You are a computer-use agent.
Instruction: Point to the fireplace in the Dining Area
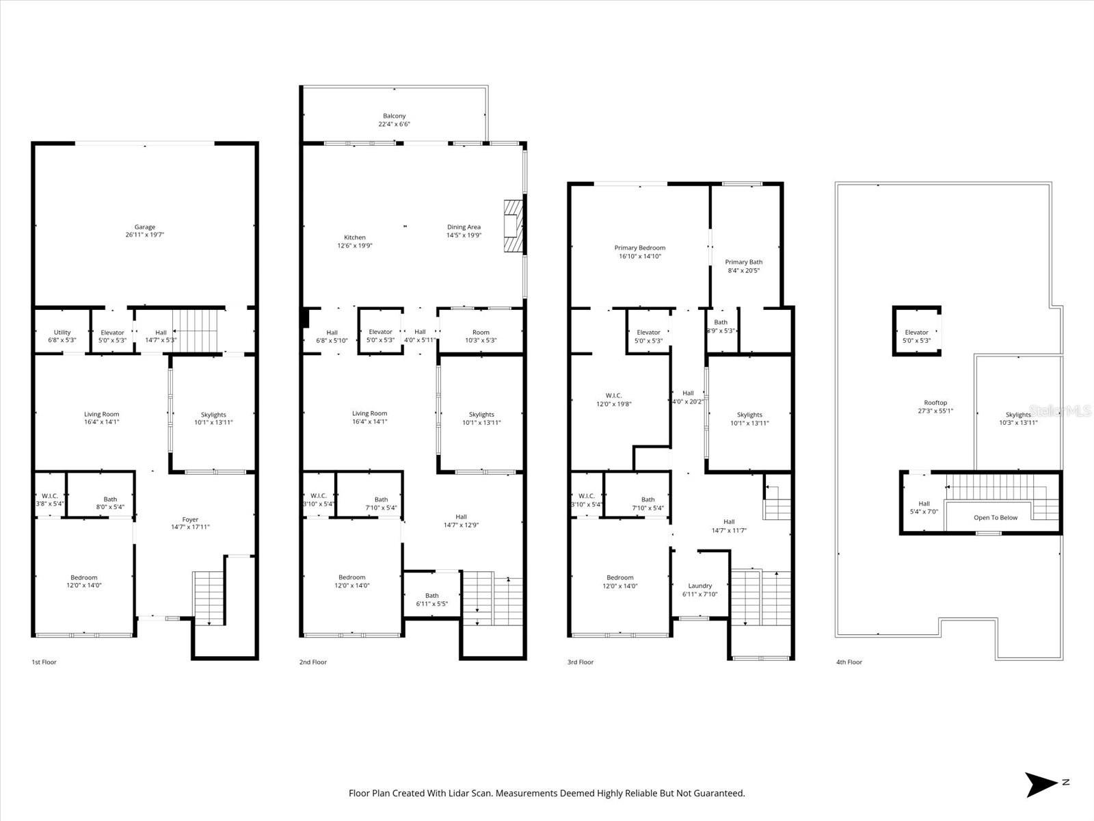click(513, 226)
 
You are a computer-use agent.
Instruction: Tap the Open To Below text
click(996, 517)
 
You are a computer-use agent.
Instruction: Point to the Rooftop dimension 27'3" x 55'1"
click(935, 411)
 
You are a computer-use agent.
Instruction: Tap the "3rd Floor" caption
click(580, 662)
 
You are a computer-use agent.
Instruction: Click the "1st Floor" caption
click(44, 662)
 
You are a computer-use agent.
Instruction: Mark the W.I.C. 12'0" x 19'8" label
click(613, 400)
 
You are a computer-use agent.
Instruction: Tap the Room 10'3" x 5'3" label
click(481, 336)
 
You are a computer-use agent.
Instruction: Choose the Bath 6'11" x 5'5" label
click(431, 599)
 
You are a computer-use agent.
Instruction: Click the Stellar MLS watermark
click(1060, 410)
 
